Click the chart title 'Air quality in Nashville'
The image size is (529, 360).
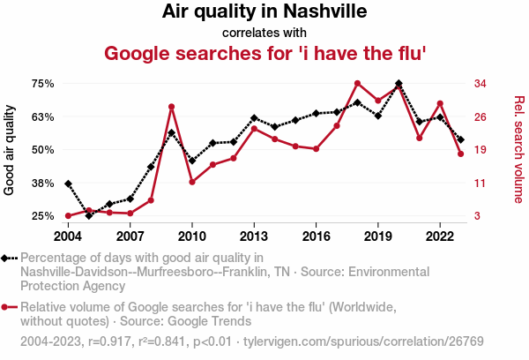(264, 12)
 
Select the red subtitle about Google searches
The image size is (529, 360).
(265, 53)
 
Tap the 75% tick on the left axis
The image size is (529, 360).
(43, 84)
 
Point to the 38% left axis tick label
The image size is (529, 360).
(43, 183)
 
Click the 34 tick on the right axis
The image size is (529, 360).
(481, 84)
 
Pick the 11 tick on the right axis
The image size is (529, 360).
(481, 183)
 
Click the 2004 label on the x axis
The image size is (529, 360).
(68, 236)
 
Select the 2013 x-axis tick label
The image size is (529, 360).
(254, 236)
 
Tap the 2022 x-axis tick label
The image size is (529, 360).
(440, 236)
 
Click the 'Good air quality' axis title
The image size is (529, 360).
(10, 150)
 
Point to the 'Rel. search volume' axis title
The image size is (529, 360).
(518, 149)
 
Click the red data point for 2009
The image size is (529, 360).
(171, 107)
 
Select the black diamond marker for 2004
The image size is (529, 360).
(68, 184)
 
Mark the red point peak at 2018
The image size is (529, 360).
(357, 84)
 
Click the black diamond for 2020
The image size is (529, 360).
(399, 84)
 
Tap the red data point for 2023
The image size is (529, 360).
(461, 154)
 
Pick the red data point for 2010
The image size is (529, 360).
(192, 182)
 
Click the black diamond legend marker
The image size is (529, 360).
(5, 258)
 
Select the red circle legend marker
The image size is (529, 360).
(5, 307)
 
